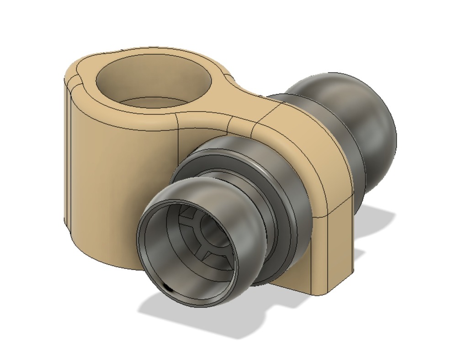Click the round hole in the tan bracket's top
154,82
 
